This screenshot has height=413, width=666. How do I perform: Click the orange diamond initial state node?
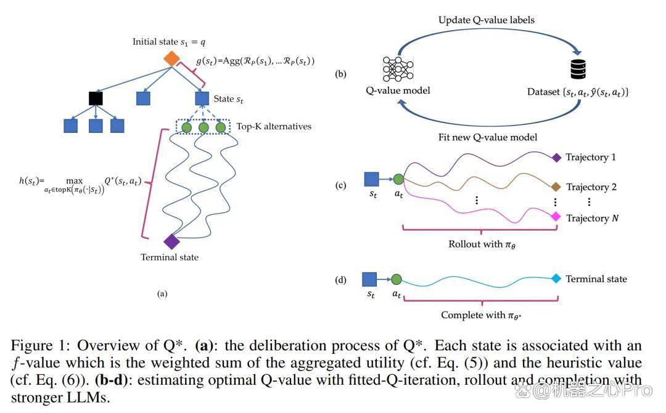[x=171, y=58]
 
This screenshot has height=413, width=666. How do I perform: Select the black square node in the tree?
[x=96, y=98]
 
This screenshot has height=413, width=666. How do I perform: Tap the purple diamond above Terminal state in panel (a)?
[x=171, y=242]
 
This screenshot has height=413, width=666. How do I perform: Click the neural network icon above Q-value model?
[x=398, y=69]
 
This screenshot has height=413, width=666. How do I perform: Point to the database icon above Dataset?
[x=578, y=69]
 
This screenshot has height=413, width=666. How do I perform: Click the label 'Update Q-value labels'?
[x=487, y=20]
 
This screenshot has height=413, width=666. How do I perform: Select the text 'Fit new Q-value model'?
[x=488, y=137]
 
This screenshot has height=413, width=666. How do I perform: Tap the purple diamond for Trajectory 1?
[x=556, y=158]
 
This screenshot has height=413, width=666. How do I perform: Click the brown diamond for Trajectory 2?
[x=556, y=186]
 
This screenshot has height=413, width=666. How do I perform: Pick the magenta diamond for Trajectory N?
[x=556, y=217]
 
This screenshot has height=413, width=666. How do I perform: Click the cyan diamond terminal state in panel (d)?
[x=556, y=279]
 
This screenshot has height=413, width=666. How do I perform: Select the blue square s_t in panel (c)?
[x=372, y=179]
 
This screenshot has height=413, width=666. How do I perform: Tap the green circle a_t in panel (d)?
[x=397, y=279]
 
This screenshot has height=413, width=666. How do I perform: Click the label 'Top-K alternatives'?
[x=274, y=126]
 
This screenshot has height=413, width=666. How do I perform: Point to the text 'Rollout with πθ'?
[x=482, y=244]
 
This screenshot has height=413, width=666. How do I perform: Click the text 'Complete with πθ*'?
[x=481, y=315]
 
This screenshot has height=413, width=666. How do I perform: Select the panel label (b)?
[x=340, y=74]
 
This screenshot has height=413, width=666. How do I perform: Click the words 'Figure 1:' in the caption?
[x=40, y=345]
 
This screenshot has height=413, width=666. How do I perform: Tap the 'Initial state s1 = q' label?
[x=169, y=42]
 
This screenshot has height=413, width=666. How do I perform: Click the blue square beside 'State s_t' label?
[x=202, y=98]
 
